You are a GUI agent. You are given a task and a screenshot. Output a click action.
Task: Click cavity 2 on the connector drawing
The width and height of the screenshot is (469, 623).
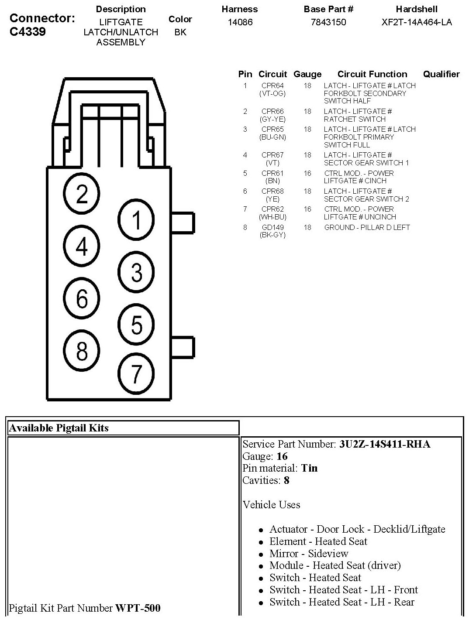pos(82,194)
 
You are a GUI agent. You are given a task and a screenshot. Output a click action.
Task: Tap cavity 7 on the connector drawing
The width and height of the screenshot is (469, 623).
pos(136,373)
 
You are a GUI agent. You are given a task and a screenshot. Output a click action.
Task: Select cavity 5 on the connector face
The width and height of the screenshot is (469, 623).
pos(136,325)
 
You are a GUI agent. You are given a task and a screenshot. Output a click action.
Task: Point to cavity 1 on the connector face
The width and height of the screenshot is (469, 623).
pos(136,219)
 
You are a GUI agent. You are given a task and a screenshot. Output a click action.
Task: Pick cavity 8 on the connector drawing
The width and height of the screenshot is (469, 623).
pos(82,350)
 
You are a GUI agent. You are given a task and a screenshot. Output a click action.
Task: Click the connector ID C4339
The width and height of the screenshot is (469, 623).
pos(28,32)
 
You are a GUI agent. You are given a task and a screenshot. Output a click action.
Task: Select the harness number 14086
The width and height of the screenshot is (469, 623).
pos(240,22)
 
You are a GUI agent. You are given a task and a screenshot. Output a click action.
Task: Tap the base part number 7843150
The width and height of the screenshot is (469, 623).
pos(328,22)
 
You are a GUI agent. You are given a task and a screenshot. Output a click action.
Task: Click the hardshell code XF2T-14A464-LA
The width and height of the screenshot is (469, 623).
pos(417,22)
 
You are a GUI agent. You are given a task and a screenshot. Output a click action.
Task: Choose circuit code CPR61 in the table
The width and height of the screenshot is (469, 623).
pos(272,173)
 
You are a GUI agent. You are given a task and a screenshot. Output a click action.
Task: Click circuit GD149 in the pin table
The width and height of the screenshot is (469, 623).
pos(272,227)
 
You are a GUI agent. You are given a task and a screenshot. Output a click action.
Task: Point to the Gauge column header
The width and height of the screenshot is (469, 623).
pos(307,74)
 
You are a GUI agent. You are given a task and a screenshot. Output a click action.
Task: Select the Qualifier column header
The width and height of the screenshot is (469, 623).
pos(441,74)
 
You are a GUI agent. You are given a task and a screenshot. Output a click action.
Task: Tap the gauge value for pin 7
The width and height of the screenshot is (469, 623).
pos(307,209)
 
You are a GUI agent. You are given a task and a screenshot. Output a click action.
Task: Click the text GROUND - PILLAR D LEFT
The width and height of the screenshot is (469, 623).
pos(367,227)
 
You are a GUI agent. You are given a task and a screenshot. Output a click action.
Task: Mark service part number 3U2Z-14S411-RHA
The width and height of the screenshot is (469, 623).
pos(385,444)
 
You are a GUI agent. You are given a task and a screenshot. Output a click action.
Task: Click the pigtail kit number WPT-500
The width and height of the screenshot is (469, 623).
pos(138,608)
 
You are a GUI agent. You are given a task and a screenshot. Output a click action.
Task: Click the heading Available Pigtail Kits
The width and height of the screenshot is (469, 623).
pos(59,428)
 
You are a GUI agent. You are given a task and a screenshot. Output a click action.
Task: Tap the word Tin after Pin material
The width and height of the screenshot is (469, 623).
pos(309,468)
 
